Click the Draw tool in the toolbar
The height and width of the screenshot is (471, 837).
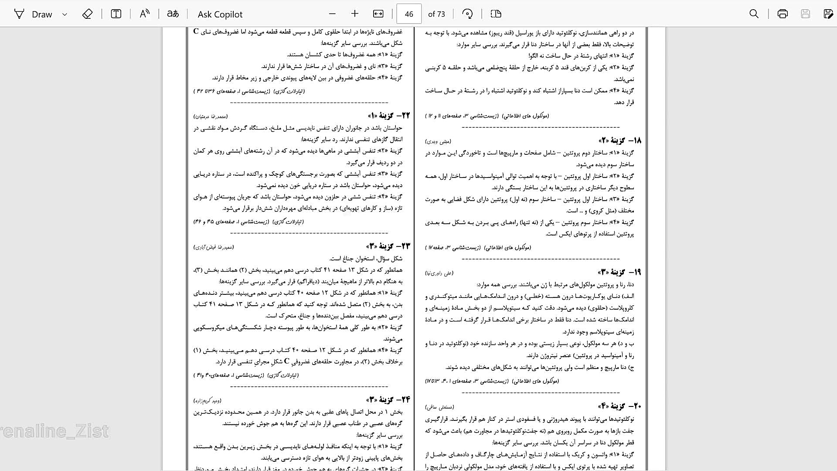pyautogui.click(x=34, y=14)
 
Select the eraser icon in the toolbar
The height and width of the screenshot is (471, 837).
pyautogui.click(x=87, y=14)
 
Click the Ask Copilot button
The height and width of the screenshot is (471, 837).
pyautogui.click(x=220, y=14)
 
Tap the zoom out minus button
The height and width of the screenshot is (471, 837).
pyautogui.click(x=332, y=14)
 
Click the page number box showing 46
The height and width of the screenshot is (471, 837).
pyautogui.click(x=408, y=14)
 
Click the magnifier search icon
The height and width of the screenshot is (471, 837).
pyautogui.click(x=754, y=14)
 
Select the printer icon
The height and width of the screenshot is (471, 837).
pyautogui.click(x=783, y=14)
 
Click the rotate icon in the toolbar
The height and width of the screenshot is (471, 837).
pyautogui.click(x=467, y=14)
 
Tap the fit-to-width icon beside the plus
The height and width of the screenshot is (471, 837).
pyautogui.click(x=378, y=14)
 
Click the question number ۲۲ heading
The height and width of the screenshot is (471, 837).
pyautogui.click(x=389, y=116)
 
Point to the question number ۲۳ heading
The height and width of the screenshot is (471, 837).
pyautogui.click(x=389, y=246)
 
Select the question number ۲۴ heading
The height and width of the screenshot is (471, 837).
pyautogui.click(x=389, y=400)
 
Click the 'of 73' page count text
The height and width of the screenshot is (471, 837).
pyautogui.click(x=436, y=14)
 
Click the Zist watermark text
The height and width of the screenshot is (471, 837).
pyautogui.click(x=54, y=431)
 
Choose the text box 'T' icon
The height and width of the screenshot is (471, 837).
pyautogui.click(x=116, y=14)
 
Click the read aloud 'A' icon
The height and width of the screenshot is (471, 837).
pyautogui.click(x=144, y=14)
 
